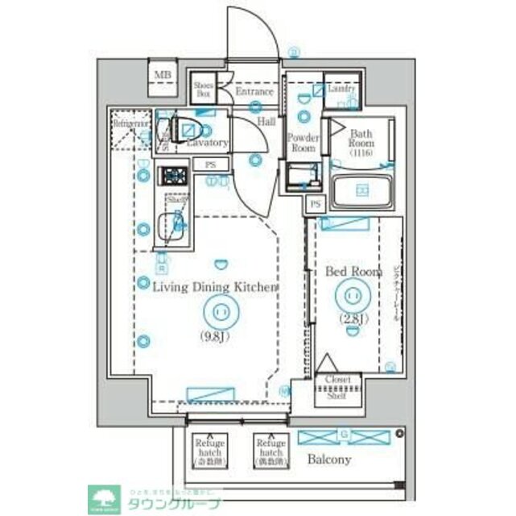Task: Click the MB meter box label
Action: [163, 77]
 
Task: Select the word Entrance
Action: [254, 92]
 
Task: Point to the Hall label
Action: [266, 121]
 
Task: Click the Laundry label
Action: [341, 89]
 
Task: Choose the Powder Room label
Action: [303, 143]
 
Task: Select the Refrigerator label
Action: [131, 124]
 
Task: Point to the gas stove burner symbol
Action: [173, 175]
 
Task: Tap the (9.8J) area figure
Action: [216, 337]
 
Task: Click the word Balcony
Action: [328, 460]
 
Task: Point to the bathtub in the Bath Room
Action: [361, 190]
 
